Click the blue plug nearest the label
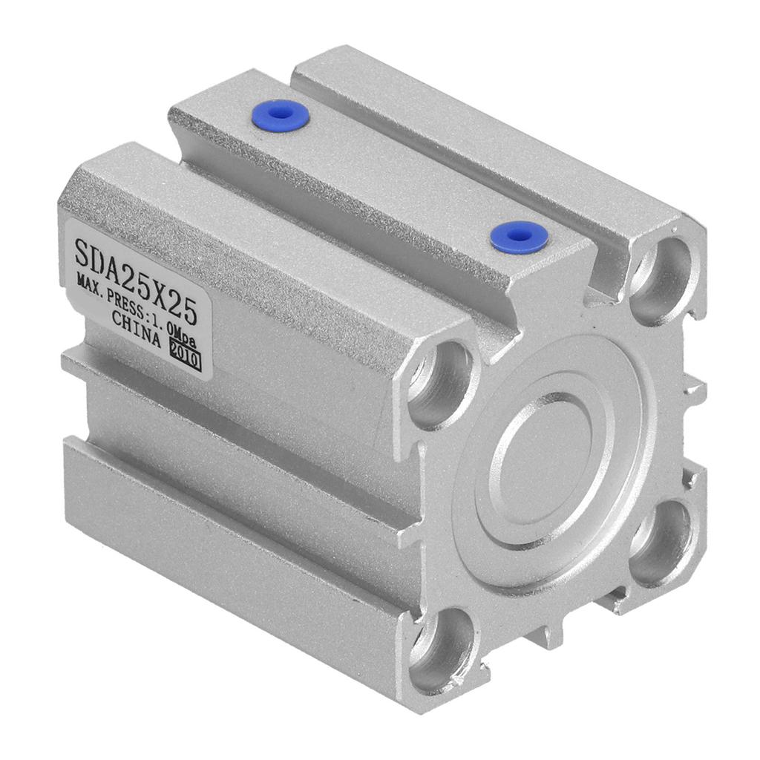coord(280,114)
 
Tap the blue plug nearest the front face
coord(519,237)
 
